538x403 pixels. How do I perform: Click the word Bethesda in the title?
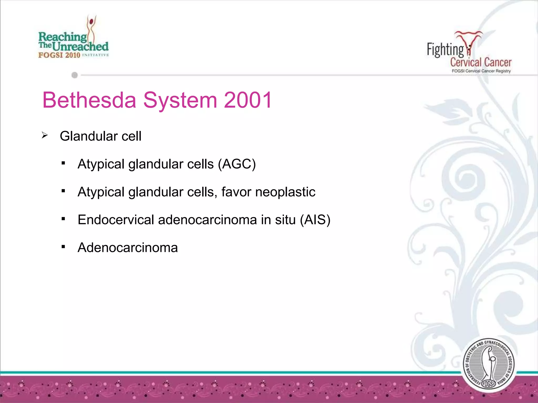(89, 100)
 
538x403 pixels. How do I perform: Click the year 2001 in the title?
(248, 100)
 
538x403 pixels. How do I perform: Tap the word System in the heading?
(180, 100)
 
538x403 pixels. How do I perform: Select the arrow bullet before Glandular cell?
(45, 136)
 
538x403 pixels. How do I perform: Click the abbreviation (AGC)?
(237, 164)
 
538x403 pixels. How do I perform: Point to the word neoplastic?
(285, 192)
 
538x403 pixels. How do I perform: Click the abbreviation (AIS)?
(315, 220)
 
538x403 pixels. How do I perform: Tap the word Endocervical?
(116, 220)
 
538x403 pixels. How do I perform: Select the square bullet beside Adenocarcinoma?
(63, 247)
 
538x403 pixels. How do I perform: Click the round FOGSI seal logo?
(488, 365)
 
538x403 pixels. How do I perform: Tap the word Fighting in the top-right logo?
(445, 50)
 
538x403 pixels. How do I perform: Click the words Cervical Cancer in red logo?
(481, 62)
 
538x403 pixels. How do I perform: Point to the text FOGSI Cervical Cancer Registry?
(481, 71)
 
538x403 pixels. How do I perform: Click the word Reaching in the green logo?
(63, 37)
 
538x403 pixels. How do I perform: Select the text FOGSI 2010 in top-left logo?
(59, 55)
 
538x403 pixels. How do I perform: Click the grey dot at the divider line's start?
(75, 75)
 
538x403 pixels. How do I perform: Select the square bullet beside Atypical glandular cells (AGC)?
(63, 163)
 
